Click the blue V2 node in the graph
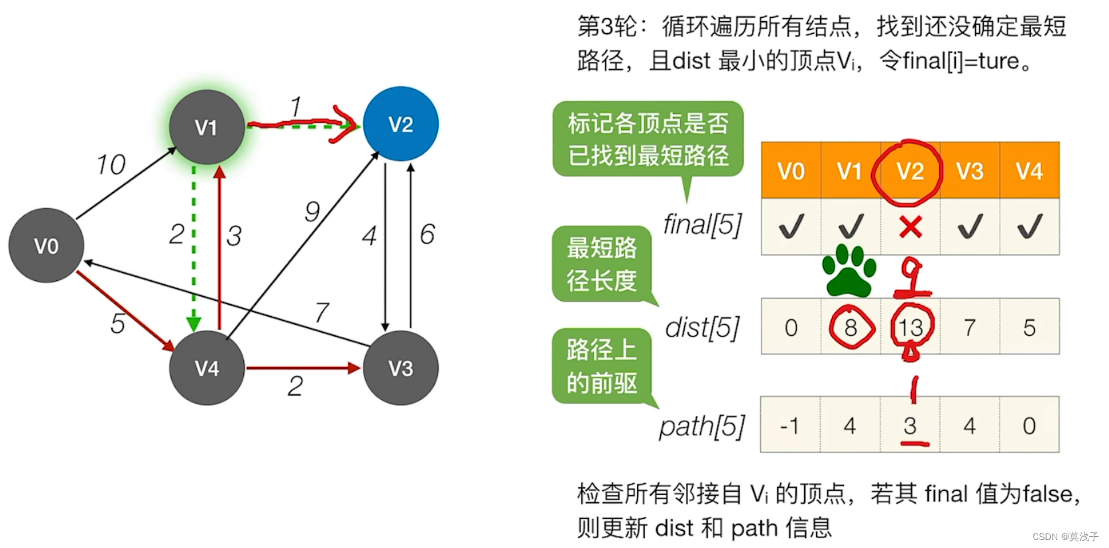[x=400, y=124]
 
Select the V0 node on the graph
[x=46, y=246]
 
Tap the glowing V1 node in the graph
[x=206, y=127]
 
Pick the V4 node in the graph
[x=207, y=368]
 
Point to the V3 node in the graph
[x=400, y=368]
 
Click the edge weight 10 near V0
[x=111, y=164]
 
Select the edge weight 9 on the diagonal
[x=312, y=211]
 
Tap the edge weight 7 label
[x=322, y=311]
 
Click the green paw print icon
[x=849, y=270]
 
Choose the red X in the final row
[x=910, y=227]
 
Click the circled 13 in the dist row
[x=910, y=327]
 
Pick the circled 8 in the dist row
[x=851, y=327]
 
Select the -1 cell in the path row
[x=789, y=425]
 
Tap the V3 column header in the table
[x=970, y=172]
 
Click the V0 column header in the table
[x=791, y=172]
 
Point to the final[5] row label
[x=703, y=225]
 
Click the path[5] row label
[x=702, y=426]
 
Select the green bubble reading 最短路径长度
[x=601, y=264]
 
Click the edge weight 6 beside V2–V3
[x=428, y=234]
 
